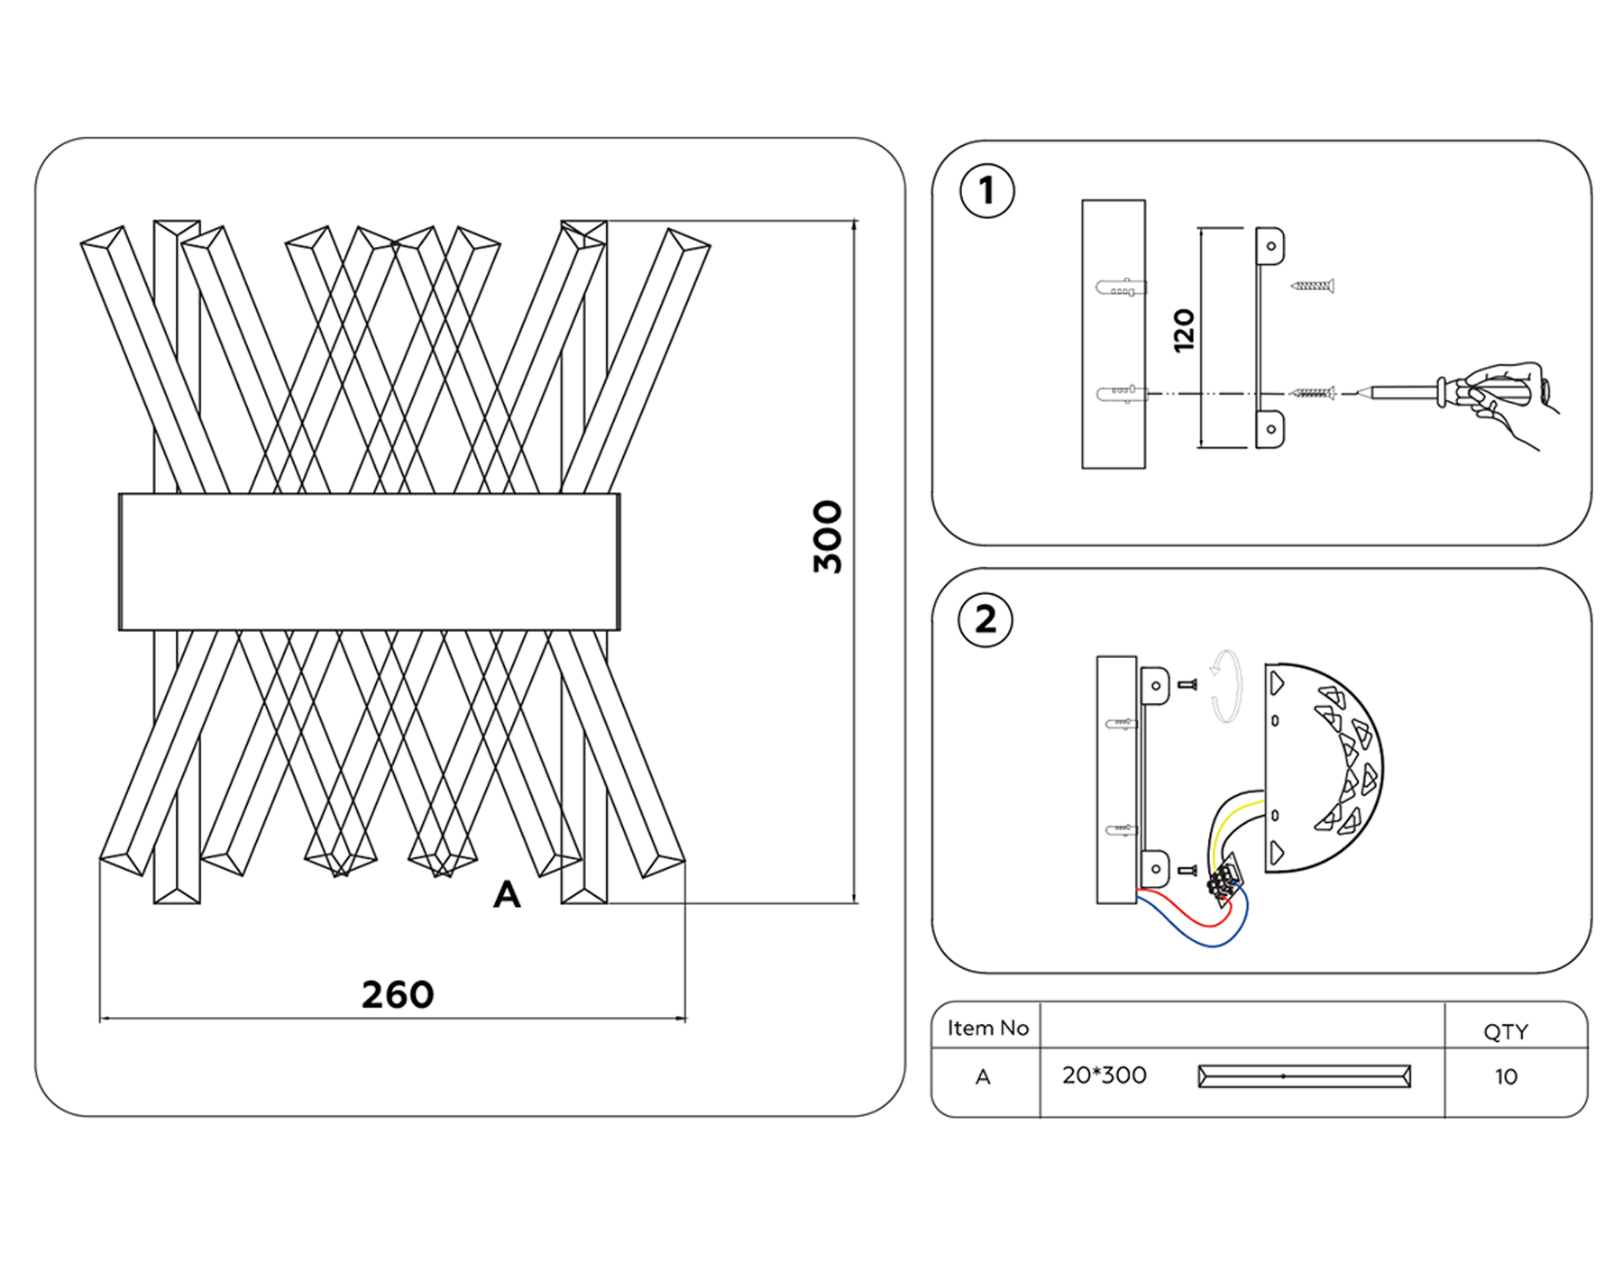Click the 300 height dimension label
827,537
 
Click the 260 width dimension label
398,995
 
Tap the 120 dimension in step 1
1184,330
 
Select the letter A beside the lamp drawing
507,895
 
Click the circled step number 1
987,191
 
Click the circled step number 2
986,620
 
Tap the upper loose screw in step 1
1312,286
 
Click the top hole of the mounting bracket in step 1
1271,246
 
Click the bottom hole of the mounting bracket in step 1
1271,429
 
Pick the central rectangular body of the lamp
369,561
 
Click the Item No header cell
987,1029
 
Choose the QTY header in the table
1506,1032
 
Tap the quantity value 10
1506,1077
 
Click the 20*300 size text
1104,1075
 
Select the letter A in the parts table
983,1077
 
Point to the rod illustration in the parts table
1304,1076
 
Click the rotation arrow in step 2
1225,687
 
